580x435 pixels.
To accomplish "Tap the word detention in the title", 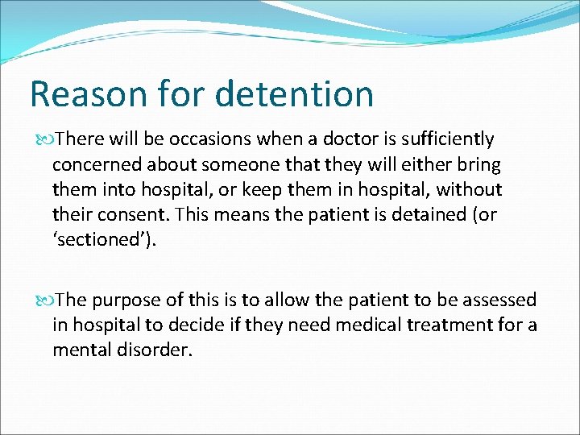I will point(295,93).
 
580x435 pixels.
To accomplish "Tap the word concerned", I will point(99,165).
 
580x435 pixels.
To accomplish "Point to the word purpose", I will point(128,300).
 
